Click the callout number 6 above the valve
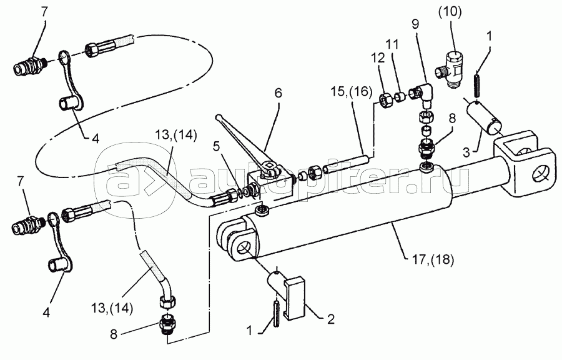[278, 93]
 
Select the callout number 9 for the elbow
[415, 24]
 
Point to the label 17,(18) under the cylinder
[433, 259]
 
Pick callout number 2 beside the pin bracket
[330, 318]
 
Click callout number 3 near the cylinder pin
[466, 152]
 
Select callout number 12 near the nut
[378, 57]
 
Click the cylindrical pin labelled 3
[484, 117]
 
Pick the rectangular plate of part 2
[294, 297]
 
